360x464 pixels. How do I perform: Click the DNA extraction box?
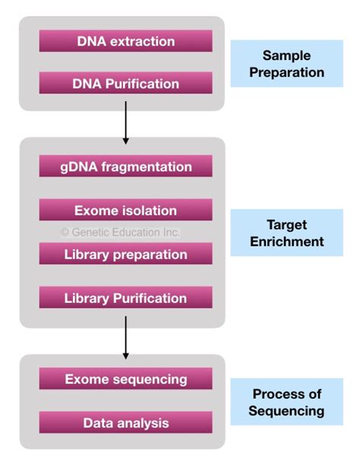click(x=125, y=41)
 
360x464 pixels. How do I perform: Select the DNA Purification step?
click(x=125, y=83)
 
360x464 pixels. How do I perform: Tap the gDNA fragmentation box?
click(x=125, y=166)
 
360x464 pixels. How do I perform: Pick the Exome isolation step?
click(x=125, y=210)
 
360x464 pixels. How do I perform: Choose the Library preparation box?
click(x=125, y=254)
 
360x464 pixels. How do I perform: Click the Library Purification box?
click(x=125, y=298)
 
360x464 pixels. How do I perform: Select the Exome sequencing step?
click(x=125, y=378)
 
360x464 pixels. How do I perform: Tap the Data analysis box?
click(x=125, y=422)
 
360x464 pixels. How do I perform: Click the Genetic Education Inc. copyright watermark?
click(x=120, y=232)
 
